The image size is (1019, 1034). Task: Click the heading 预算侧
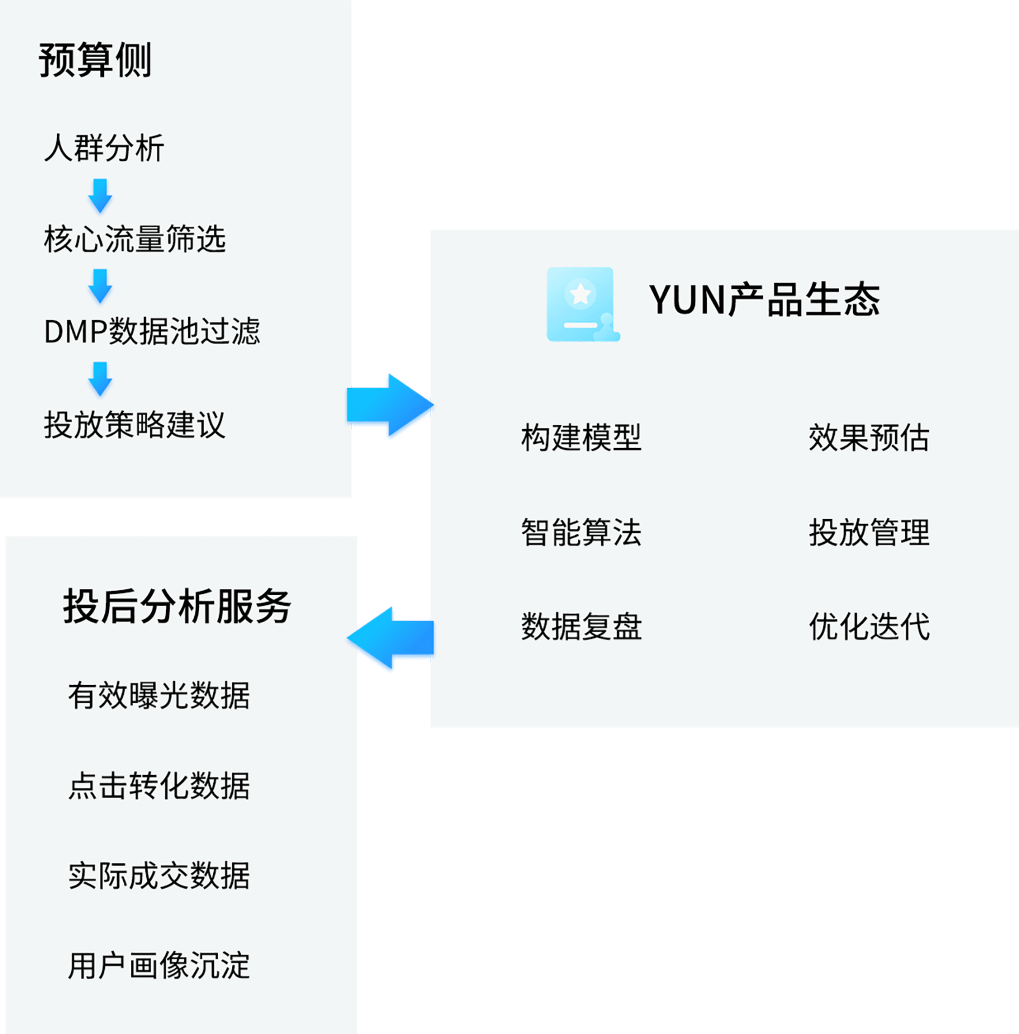(x=95, y=60)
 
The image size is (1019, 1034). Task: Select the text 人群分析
(x=104, y=148)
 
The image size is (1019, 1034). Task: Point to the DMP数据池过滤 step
(x=152, y=331)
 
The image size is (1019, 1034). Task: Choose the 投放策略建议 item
(x=135, y=425)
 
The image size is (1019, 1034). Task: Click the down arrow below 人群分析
(x=100, y=196)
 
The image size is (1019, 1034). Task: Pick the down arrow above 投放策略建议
(x=100, y=378)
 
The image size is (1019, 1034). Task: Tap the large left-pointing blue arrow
(x=390, y=639)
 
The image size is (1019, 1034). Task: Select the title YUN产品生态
(x=764, y=300)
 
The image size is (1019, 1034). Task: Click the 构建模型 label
(x=581, y=438)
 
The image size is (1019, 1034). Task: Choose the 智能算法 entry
(x=581, y=532)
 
